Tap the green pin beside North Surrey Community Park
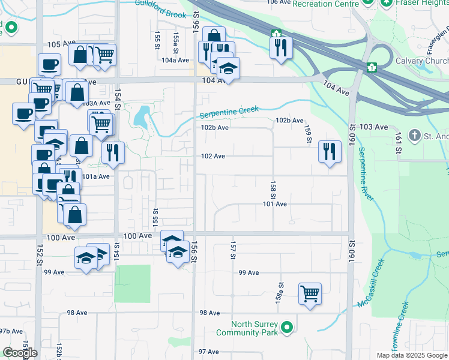(x=288, y=328)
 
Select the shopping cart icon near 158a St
(x=310, y=294)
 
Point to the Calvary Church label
(x=421, y=61)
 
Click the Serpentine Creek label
(x=229, y=112)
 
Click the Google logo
(x=20, y=353)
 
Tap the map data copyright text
(x=411, y=355)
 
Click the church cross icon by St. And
(x=414, y=136)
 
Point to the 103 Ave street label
(x=374, y=127)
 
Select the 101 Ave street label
(x=275, y=204)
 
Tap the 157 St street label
(x=232, y=251)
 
